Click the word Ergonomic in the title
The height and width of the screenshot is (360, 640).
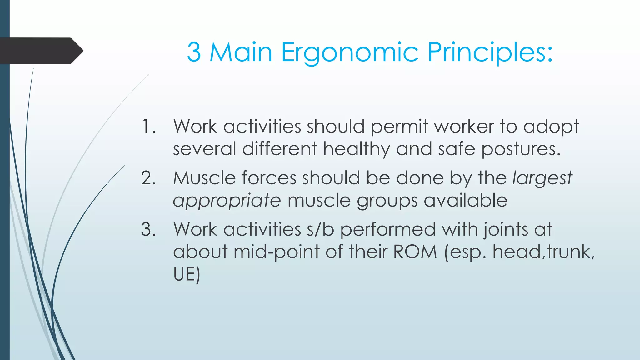point(350,52)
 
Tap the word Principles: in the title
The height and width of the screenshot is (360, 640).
point(490,52)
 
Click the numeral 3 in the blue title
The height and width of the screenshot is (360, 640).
point(194,52)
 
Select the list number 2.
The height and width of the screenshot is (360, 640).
point(148,178)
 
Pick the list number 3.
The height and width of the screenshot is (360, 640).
point(148,230)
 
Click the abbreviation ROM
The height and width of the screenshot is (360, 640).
point(415,252)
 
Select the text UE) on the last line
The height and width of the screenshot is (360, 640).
point(187,274)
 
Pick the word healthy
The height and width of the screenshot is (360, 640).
point(356,149)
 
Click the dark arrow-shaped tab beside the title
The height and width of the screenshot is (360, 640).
point(41,51)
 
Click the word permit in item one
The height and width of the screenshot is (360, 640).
point(399,127)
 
